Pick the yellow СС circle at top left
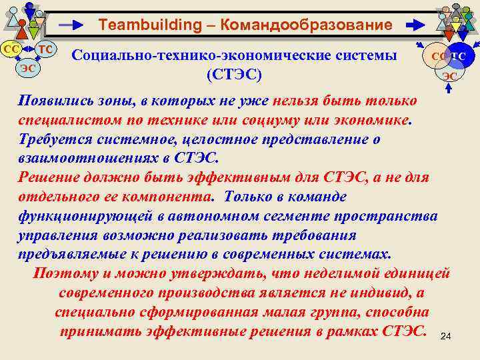(11, 49)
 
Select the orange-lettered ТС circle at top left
(45, 49)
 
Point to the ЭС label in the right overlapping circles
(451, 76)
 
